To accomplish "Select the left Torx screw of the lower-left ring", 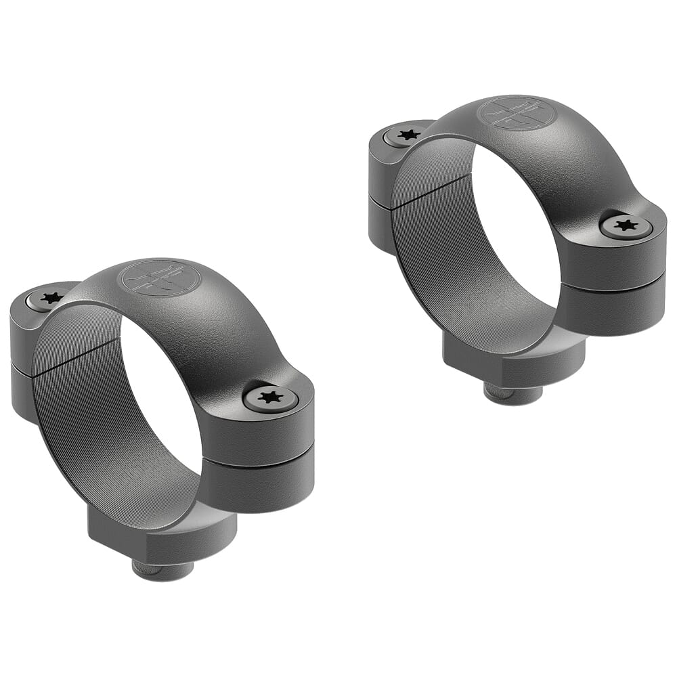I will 51,298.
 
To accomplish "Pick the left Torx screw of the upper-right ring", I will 408,135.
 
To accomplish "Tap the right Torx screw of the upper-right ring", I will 627,225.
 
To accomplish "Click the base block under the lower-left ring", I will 162,535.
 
